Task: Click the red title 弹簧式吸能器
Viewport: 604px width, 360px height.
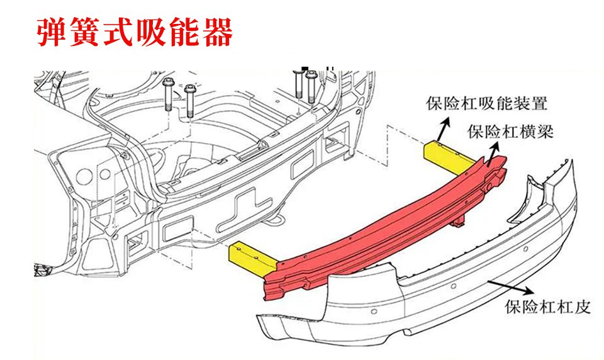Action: pos(135,32)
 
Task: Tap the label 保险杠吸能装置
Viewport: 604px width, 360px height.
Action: pos(486,103)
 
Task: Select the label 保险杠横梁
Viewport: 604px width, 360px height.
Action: pos(510,132)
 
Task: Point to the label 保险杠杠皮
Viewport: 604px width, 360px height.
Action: pos(548,307)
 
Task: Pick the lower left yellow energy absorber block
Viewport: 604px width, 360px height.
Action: pos(252,258)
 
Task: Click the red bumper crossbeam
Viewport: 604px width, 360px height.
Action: pos(385,227)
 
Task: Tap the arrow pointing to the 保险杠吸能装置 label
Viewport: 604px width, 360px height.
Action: pos(443,130)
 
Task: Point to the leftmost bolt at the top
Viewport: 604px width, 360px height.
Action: pos(167,95)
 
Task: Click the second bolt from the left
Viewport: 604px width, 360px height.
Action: pos(189,101)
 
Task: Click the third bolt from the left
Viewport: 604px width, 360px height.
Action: pos(299,83)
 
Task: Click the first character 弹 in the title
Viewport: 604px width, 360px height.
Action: pos(52,32)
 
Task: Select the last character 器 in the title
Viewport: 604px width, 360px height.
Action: pos(217,32)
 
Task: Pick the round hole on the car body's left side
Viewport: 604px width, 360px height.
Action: pos(83,176)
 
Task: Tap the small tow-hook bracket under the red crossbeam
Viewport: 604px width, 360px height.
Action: pos(459,222)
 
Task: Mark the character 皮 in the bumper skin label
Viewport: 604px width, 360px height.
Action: pos(583,307)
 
